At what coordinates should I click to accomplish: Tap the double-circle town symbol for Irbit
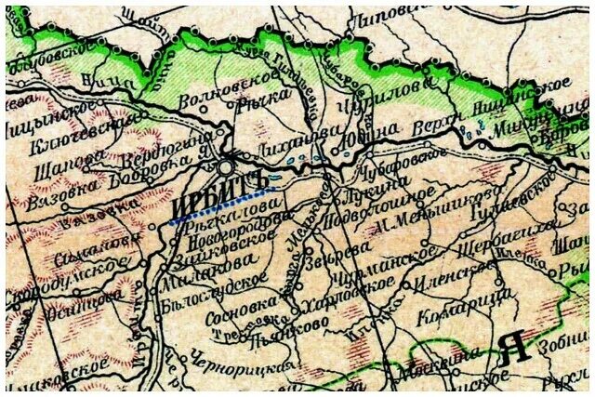tap(228, 167)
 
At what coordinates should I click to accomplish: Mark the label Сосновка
tap(242, 307)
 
